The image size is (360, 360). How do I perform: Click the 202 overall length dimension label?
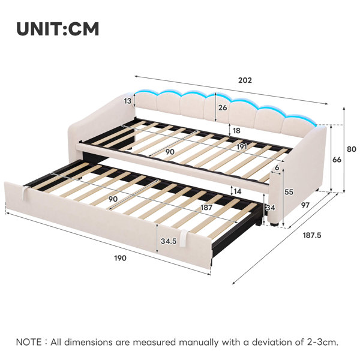point(245,80)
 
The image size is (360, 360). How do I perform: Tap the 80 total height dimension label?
point(352,149)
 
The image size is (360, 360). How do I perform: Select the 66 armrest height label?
point(337,160)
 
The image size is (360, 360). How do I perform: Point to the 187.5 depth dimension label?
point(312,235)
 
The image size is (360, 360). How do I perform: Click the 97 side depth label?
point(305,205)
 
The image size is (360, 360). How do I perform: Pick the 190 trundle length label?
point(121,258)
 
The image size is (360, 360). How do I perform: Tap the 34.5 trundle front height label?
point(169,241)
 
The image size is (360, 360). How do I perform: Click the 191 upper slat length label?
point(242,147)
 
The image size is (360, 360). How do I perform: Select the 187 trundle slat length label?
point(206,208)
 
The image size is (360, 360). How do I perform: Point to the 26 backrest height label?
point(223,107)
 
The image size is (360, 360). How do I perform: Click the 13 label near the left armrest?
point(128,101)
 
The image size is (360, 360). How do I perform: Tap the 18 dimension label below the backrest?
point(236,131)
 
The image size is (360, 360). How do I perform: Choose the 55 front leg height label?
point(289,192)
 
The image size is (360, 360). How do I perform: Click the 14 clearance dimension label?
point(238,191)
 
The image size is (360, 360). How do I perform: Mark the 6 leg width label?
point(277,168)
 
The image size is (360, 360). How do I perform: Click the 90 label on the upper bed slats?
point(170,152)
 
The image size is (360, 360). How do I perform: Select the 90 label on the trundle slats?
point(113,199)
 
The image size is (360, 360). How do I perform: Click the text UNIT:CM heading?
point(58,29)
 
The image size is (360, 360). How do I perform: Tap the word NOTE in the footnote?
point(29,342)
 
